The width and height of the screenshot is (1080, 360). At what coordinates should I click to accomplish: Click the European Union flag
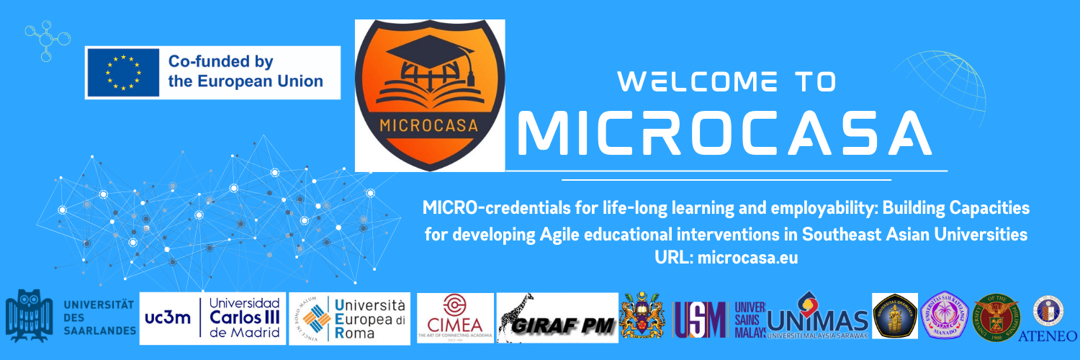click(122, 72)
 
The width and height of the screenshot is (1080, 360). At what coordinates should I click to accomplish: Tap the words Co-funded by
click(220, 62)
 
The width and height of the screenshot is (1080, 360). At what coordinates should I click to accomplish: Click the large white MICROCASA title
click(724, 132)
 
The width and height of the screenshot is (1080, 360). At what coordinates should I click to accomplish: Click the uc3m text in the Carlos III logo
click(168, 318)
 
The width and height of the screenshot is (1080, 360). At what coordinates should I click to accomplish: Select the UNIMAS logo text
click(819, 320)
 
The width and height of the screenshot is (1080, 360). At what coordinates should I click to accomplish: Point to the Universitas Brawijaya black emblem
click(894, 315)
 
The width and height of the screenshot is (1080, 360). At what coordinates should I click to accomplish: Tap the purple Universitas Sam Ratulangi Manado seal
click(943, 315)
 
